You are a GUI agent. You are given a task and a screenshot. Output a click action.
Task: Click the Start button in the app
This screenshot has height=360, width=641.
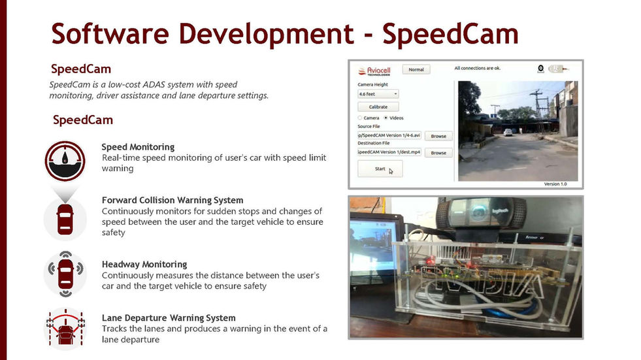click(x=380, y=169)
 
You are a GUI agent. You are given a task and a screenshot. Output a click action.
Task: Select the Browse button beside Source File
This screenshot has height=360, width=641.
click(x=438, y=136)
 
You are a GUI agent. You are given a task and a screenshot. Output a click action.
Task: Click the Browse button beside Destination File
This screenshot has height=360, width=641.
click(x=438, y=152)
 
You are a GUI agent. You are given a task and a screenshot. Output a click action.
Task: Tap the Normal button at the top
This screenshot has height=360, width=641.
click(x=416, y=69)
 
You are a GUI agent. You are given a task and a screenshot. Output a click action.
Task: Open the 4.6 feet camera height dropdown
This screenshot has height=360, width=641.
click(x=378, y=94)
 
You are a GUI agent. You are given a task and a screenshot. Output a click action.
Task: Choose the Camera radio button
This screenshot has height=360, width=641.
click(x=361, y=118)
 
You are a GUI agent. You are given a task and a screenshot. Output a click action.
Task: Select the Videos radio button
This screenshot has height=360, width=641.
click(x=386, y=118)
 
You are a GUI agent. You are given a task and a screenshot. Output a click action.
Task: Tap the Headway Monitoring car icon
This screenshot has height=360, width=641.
click(x=65, y=270)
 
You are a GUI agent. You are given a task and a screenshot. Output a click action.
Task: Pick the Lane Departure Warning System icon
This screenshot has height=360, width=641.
click(x=65, y=328)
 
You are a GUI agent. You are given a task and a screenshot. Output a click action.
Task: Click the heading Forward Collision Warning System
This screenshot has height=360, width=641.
click(x=173, y=200)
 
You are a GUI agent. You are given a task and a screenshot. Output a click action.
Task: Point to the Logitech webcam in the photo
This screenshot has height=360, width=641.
click(x=482, y=212)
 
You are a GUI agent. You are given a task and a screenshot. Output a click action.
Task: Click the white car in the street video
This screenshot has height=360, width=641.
click(x=508, y=132)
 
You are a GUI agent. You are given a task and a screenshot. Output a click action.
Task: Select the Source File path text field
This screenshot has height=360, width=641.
click(x=389, y=136)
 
